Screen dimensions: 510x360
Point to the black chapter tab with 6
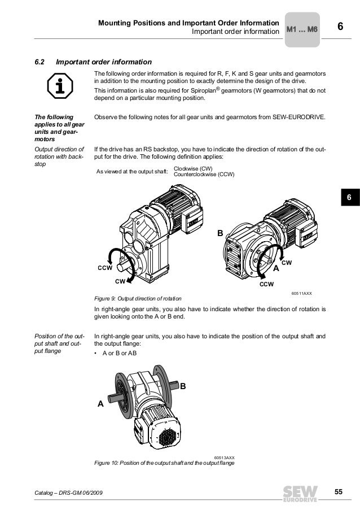[349, 198]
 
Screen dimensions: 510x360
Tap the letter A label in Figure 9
[276, 270]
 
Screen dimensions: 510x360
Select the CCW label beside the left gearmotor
[104, 268]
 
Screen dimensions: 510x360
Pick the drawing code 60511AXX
[301, 294]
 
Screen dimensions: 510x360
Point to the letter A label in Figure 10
[100, 404]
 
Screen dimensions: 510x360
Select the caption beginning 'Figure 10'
[164, 463]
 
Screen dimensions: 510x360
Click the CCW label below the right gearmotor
[266, 285]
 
